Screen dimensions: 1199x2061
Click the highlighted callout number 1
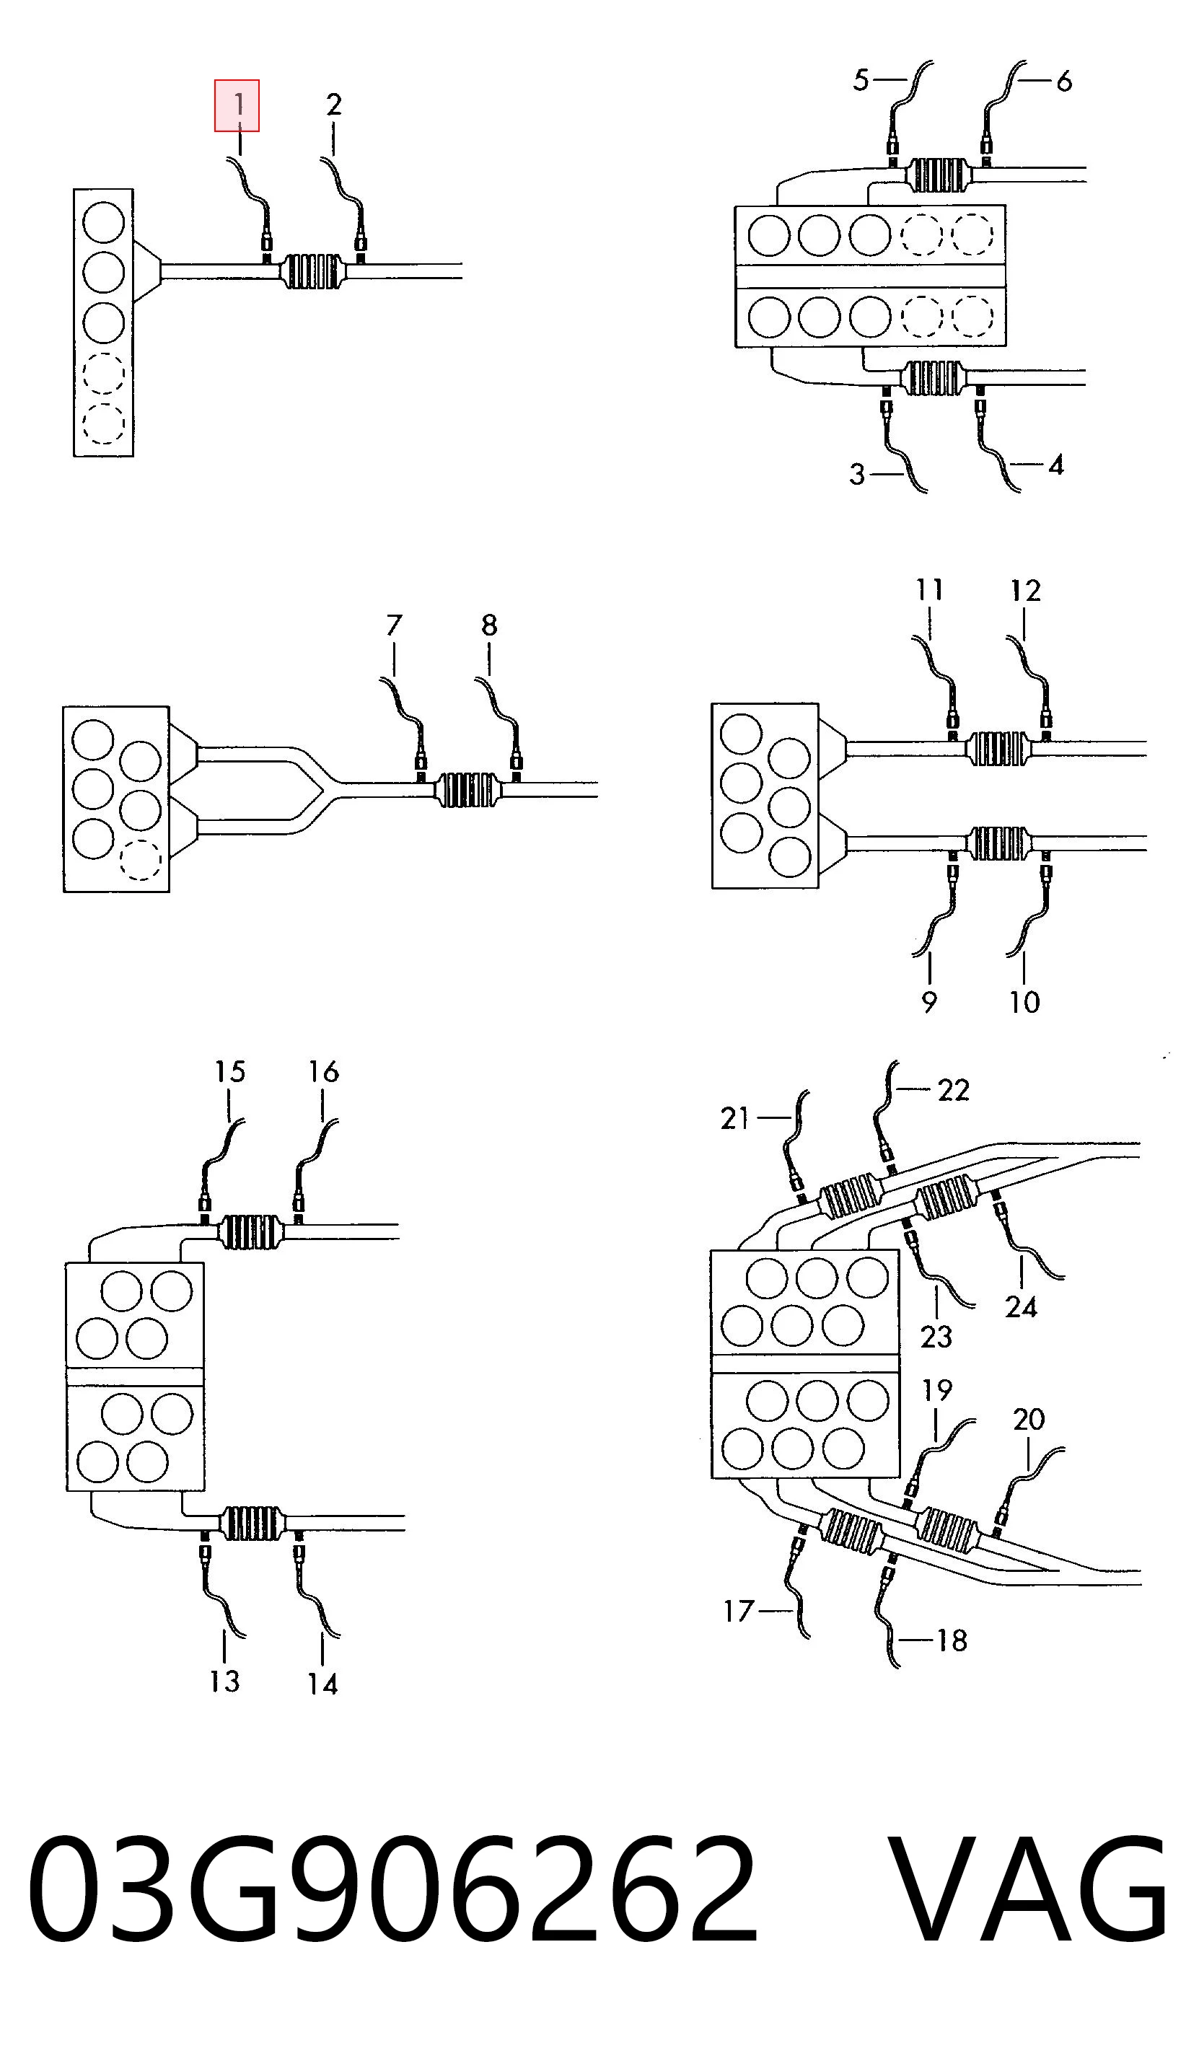tap(237, 105)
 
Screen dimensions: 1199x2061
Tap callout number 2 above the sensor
tap(334, 105)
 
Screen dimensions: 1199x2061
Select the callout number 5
tap(861, 80)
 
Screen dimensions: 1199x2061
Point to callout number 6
tap(1063, 81)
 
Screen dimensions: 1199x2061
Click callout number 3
tap(856, 475)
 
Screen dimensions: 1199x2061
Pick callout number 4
tap(1056, 465)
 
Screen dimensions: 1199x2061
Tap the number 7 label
tap(394, 625)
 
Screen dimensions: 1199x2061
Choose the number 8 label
tap(489, 625)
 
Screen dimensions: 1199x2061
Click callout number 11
tap(929, 589)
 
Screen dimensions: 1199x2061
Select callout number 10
tap(1024, 1002)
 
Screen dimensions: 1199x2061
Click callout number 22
tap(954, 1090)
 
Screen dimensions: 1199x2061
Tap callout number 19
tap(937, 1389)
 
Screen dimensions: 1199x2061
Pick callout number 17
tap(739, 1611)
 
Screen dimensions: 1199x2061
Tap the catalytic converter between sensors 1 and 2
tap(312, 271)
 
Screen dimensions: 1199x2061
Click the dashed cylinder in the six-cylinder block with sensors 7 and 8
tap(140, 860)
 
